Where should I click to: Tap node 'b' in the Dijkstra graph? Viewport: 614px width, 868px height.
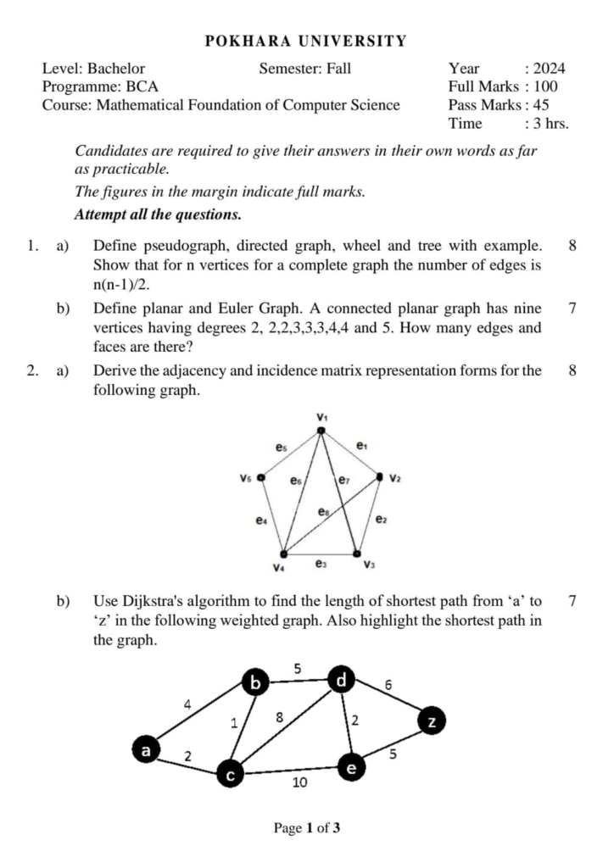tap(254, 682)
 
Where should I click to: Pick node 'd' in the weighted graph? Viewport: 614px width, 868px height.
tap(341, 680)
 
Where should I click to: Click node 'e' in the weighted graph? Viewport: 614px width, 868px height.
tap(351, 768)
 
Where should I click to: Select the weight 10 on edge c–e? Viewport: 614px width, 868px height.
tap(299, 782)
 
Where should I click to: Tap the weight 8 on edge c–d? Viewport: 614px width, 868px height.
tap(279, 718)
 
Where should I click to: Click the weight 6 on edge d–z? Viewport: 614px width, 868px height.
tap(388, 683)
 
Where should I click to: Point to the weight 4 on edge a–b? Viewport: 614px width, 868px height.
tap(187, 703)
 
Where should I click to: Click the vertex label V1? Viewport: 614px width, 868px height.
tap(322, 416)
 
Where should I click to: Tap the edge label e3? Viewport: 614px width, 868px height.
tap(321, 561)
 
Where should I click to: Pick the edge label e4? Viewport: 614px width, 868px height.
tap(261, 520)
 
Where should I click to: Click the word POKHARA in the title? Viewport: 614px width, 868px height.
tap(242, 41)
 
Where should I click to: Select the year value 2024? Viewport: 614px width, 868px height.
tap(550, 69)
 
